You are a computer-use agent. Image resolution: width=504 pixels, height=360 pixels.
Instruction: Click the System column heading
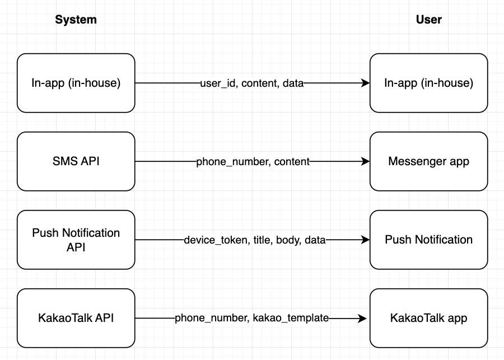(76, 20)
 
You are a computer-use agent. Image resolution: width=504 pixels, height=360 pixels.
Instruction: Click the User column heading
(428, 20)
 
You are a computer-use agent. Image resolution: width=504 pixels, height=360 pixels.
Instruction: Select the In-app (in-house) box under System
(76, 83)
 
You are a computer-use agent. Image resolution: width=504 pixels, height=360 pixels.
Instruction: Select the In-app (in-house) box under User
(428, 83)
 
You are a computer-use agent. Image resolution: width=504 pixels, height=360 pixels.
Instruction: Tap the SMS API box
(76, 161)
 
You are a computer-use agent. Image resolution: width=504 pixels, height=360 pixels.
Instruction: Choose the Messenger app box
(428, 161)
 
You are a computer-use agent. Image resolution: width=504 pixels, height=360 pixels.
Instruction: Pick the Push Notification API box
(76, 240)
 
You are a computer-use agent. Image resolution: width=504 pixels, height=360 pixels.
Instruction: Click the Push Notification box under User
(428, 240)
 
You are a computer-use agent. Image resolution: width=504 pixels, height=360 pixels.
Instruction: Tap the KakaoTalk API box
(76, 318)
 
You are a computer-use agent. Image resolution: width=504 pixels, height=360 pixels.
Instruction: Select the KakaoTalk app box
(428, 318)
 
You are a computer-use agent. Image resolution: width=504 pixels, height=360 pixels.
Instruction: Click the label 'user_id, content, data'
(251, 83)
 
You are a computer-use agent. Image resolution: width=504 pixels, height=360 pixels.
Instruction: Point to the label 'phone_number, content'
(253, 162)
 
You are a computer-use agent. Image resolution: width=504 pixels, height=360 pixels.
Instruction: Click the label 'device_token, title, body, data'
(254, 240)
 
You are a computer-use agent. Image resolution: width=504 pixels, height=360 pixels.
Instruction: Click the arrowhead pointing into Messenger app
(366, 161)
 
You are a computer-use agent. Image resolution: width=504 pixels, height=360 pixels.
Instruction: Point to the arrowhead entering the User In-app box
(366, 83)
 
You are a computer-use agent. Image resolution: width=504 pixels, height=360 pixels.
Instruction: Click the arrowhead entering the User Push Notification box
(366, 240)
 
